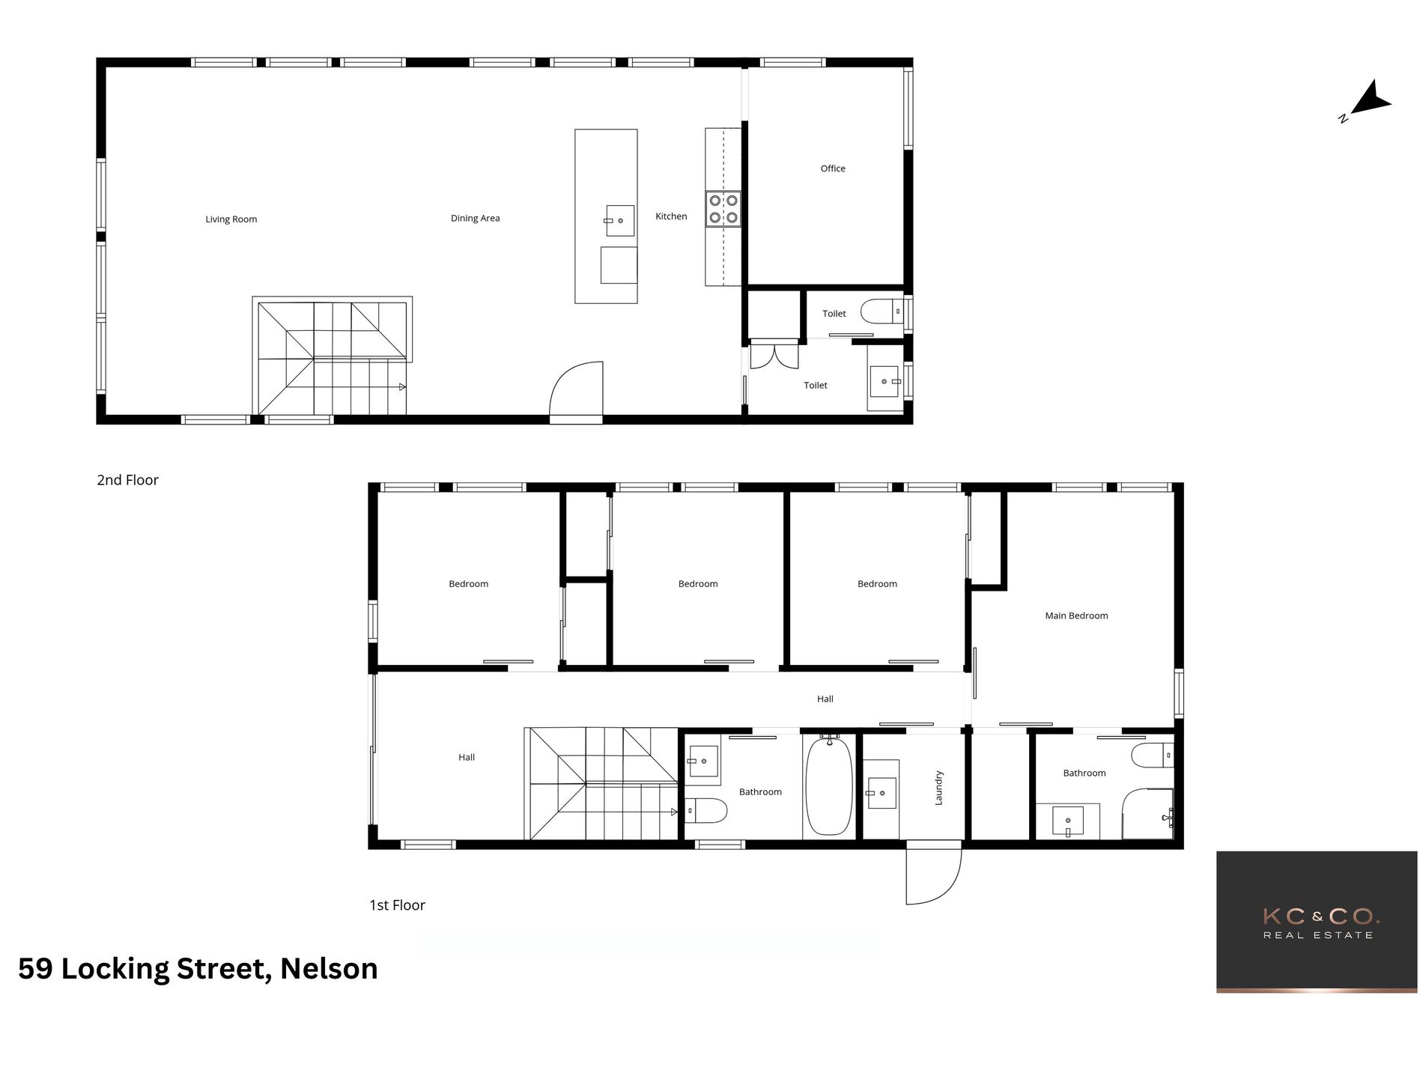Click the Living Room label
(x=231, y=219)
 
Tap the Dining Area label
(x=475, y=219)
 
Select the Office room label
(x=832, y=168)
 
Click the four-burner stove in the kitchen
(x=723, y=209)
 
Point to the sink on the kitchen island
(x=619, y=221)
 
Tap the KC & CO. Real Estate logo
(x=1317, y=922)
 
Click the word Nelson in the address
(x=329, y=969)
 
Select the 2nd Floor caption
(x=127, y=480)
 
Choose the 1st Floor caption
(x=397, y=905)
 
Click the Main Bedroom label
(x=1076, y=615)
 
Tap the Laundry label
(x=938, y=788)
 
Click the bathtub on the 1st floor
(x=828, y=786)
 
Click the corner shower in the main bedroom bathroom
(x=1147, y=814)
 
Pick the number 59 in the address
(x=35, y=969)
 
